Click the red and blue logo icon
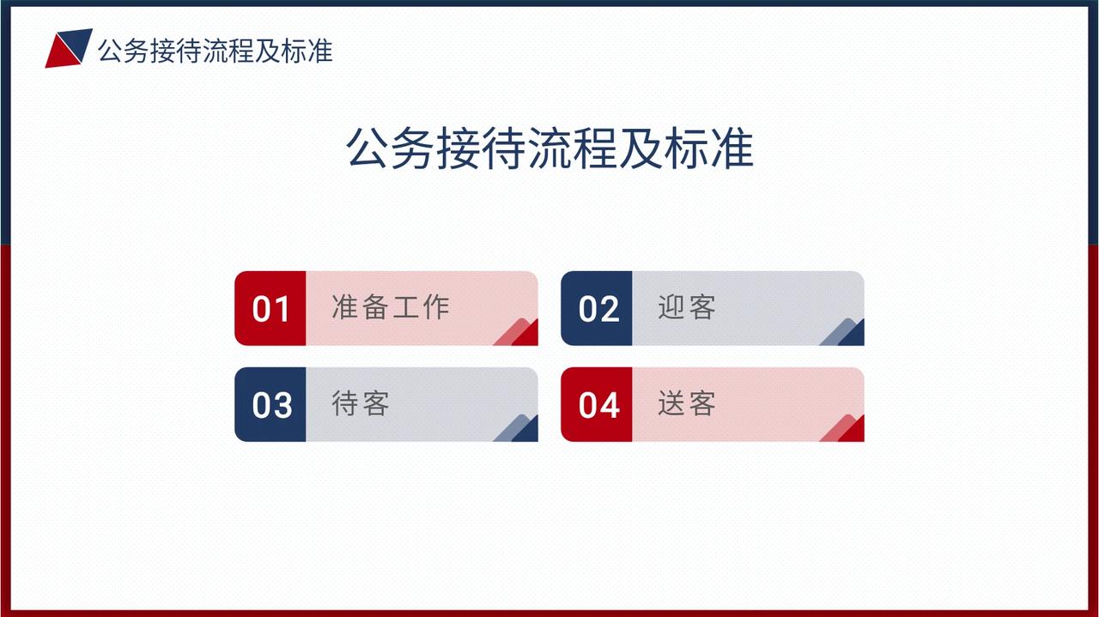pos(69,48)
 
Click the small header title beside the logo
pos(216,51)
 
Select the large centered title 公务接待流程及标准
pos(549,148)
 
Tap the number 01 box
pos(270,308)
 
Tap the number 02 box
pos(597,308)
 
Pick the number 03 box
pos(270,404)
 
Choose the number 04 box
pos(597,404)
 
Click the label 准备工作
pos(391,307)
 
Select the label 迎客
pos(687,307)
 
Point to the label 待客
pos(361,403)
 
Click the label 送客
pos(687,403)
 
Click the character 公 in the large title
pos(367,148)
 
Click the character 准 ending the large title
pos(732,148)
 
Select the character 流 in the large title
pos(550,148)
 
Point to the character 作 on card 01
pos(436,307)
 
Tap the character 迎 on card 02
pos(671,307)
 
